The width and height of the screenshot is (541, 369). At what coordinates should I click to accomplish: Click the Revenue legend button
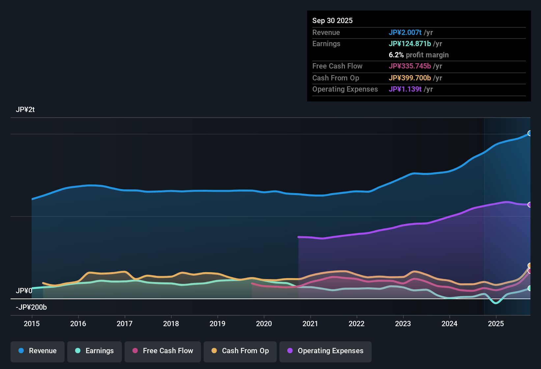point(38,351)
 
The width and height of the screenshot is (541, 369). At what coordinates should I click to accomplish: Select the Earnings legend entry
point(95,351)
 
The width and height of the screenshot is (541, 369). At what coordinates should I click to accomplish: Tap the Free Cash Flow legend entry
point(163,351)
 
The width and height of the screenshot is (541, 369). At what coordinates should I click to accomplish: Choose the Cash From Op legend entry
point(240,351)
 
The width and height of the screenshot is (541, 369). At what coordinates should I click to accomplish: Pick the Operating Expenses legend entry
point(326,351)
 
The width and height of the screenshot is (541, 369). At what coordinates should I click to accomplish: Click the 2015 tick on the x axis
point(32,324)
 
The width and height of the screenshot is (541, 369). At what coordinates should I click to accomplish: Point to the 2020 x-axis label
point(264,324)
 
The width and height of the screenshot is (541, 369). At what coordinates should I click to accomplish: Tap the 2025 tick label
point(496,324)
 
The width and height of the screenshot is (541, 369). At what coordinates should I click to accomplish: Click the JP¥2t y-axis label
point(25,110)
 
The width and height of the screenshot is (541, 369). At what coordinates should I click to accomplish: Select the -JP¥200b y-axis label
point(31,307)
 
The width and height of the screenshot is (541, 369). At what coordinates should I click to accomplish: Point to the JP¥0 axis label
point(24,291)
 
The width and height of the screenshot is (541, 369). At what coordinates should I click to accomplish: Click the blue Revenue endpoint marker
point(530,133)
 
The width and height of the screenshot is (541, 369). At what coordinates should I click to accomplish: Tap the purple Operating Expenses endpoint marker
point(530,205)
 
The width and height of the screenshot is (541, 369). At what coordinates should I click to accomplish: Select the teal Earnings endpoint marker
point(530,288)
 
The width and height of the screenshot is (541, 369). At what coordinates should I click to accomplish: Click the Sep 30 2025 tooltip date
point(332,20)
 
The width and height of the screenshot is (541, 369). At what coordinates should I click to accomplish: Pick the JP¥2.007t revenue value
point(405,32)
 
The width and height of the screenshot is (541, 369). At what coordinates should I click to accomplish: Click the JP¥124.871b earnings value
point(410,43)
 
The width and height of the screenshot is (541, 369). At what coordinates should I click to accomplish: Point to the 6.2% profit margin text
point(418,55)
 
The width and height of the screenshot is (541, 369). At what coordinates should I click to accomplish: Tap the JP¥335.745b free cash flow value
point(410,66)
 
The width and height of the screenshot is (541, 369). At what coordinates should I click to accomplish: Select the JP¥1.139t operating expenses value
point(405,89)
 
